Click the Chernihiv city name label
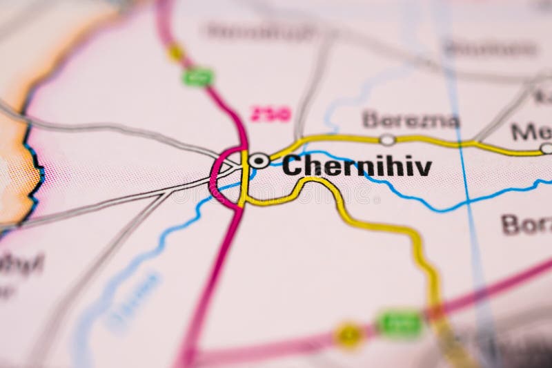pyautogui.click(x=357, y=166)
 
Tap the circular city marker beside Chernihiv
pyautogui.click(x=259, y=161)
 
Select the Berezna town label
pyautogui.click(x=411, y=120)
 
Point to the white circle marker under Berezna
pyautogui.click(x=388, y=140)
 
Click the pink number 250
pyautogui.click(x=270, y=115)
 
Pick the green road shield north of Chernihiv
pyautogui.click(x=198, y=77)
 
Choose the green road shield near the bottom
pyautogui.click(x=400, y=322)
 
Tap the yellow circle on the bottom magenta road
pyautogui.click(x=349, y=335)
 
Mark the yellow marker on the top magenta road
pyautogui.click(x=176, y=52)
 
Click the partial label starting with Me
pyautogui.click(x=531, y=131)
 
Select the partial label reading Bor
pyautogui.click(x=526, y=224)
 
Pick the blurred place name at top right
pyautogui.click(x=491, y=48)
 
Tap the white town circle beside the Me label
pyautogui.click(x=546, y=148)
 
